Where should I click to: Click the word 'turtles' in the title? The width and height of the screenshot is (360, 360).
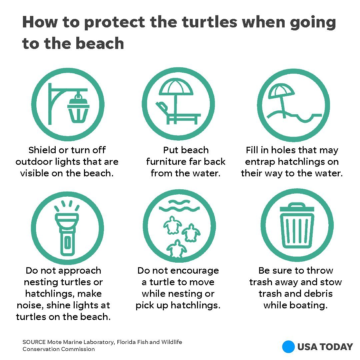[209, 22]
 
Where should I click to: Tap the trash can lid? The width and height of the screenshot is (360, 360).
[297, 207]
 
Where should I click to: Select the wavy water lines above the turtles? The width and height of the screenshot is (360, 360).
[179, 205]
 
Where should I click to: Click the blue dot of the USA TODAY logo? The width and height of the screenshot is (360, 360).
[288, 347]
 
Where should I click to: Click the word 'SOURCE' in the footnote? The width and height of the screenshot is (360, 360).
[34, 342]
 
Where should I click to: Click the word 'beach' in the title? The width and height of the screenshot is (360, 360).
[100, 43]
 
